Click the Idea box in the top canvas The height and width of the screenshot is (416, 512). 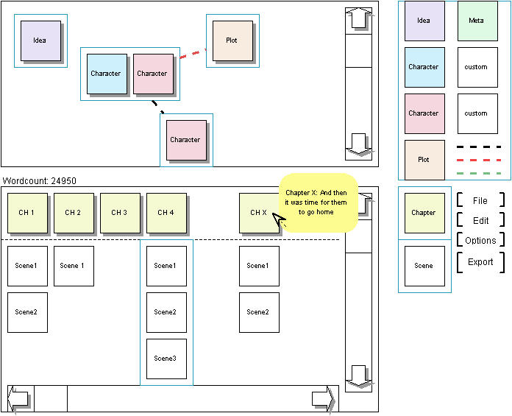click(40, 40)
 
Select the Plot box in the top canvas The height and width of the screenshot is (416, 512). click(232, 40)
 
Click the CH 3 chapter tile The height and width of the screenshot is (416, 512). click(119, 213)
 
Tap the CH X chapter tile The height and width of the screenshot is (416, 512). click(258, 213)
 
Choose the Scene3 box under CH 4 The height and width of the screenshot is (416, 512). click(166, 359)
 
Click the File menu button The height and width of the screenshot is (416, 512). click(480, 200)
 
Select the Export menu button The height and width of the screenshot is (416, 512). click(480, 262)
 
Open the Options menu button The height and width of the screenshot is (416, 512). click(480, 241)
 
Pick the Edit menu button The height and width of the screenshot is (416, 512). click(480, 220)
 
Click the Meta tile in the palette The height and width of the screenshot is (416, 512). click(476, 21)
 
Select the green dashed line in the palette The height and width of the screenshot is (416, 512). click(478, 174)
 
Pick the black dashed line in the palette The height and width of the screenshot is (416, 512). click(478, 147)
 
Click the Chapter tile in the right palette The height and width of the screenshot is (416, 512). click(424, 213)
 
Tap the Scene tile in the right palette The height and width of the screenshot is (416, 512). click(424, 266)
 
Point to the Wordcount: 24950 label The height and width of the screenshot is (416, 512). click(40, 181)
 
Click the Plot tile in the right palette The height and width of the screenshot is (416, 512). click(424, 160)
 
